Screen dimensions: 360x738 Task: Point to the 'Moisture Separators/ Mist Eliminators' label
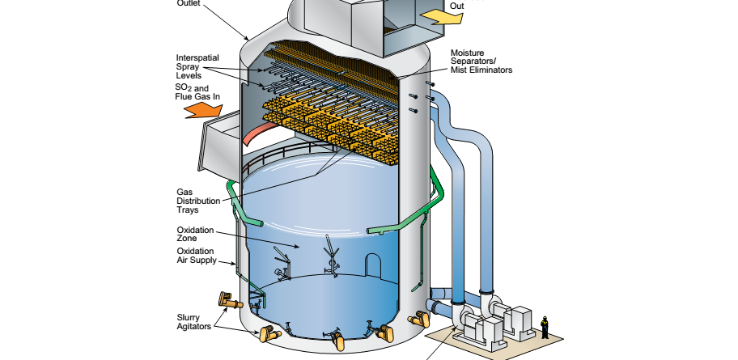pyautogui.click(x=481, y=62)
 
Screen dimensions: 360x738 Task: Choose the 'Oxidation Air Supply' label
pyautogui.click(x=198, y=256)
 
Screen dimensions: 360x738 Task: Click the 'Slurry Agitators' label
pyautogui.click(x=193, y=321)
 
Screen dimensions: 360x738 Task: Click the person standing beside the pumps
pyautogui.click(x=545, y=326)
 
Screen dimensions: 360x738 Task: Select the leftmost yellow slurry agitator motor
pyautogui.click(x=229, y=302)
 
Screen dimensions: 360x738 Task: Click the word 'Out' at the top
pyautogui.click(x=457, y=6)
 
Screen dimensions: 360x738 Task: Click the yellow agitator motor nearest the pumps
pyautogui.click(x=417, y=318)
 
